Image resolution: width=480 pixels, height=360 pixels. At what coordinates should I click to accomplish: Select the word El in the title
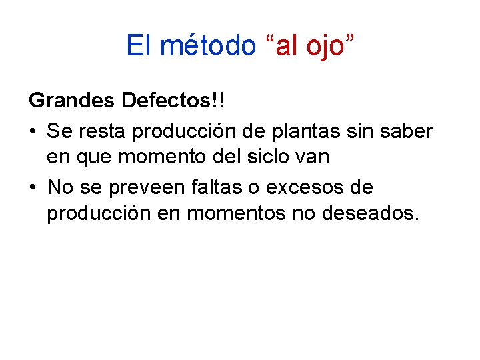(x=139, y=45)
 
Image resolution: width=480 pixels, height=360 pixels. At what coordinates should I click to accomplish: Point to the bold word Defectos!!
(x=173, y=103)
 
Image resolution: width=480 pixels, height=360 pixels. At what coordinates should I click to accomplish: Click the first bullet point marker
(x=33, y=132)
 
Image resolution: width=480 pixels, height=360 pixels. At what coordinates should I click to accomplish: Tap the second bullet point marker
(x=33, y=188)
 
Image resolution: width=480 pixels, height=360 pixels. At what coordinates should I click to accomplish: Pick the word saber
(x=408, y=131)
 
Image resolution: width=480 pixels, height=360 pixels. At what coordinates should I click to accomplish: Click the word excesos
(x=306, y=187)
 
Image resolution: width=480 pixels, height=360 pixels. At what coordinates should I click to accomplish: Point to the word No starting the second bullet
(x=60, y=187)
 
